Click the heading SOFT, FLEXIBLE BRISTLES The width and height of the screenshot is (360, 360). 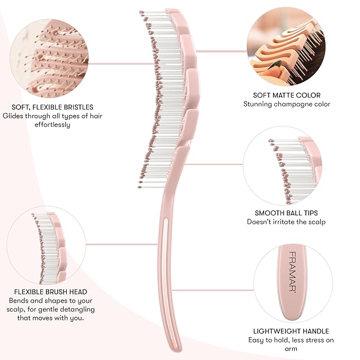(x=52, y=107)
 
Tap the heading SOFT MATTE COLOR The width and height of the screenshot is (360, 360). (x=287, y=95)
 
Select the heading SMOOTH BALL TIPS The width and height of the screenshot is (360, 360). (x=286, y=213)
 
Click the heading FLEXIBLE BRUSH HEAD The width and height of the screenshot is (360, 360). (x=51, y=292)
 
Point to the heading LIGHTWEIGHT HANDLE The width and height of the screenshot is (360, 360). (x=291, y=331)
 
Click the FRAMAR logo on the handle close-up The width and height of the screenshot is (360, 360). (x=292, y=272)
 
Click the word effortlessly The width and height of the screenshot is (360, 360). (x=52, y=125)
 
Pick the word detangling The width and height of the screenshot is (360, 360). (x=75, y=310)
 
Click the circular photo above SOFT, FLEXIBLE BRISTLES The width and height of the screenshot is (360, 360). (x=49, y=58)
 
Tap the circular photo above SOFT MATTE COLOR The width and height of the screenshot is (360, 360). (x=286, y=46)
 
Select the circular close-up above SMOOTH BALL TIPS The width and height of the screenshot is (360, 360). (x=283, y=165)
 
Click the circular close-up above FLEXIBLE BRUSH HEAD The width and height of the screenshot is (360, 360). (x=46, y=245)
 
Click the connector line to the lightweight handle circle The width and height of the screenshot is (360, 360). (x=213, y=290)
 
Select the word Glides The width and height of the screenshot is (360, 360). (x=13, y=116)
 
